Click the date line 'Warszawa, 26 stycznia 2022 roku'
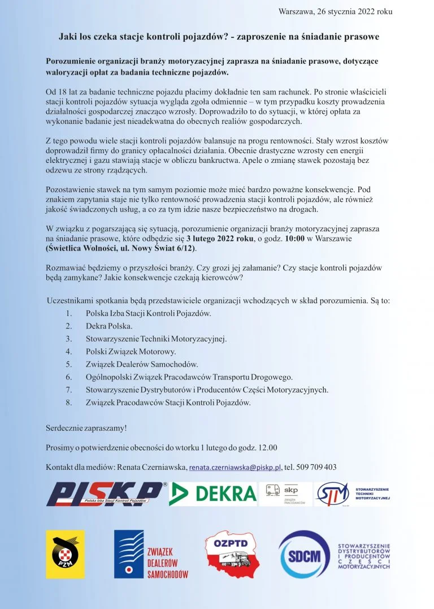point(335,11)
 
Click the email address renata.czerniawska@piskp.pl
point(235,468)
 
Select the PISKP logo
point(106,494)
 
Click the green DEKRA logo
point(212,494)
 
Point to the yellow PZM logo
point(65,554)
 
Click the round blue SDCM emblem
point(305,555)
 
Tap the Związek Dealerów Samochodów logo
point(151,554)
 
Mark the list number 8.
point(68,403)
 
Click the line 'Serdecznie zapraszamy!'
point(86,428)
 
